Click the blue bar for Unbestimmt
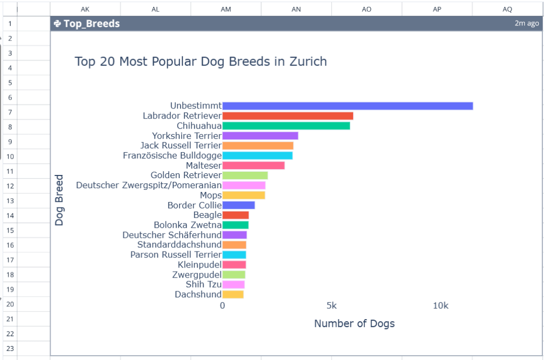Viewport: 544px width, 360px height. (x=347, y=106)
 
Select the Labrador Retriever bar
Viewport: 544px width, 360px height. (x=288, y=116)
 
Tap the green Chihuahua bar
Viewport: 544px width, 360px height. (x=286, y=126)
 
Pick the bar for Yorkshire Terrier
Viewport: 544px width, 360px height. (x=260, y=136)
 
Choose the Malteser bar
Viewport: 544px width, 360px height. (x=253, y=165)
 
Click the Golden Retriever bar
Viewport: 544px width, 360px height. (x=245, y=175)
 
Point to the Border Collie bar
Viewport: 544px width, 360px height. (x=238, y=205)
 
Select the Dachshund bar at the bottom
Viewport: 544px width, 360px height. (x=233, y=294)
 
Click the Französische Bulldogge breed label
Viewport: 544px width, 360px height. (x=172, y=155)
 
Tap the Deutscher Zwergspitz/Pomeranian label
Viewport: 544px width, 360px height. (x=149, y=185)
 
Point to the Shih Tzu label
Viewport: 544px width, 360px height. (x=204, y=284)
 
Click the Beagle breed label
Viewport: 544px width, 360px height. (x=207, y=215)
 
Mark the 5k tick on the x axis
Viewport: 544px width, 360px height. (x=331, y=306)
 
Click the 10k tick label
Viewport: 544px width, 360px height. (x=440, y=306)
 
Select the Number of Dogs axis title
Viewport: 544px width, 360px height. (x=354, y=323)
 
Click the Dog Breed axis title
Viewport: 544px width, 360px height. (x=59, y=200)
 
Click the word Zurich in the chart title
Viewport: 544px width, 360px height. (x=308, y=62)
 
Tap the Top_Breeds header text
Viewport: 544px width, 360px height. (x=91, y=23)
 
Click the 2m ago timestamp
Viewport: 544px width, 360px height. (x=526, y=23)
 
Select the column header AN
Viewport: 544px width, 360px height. (x=296, y=9)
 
